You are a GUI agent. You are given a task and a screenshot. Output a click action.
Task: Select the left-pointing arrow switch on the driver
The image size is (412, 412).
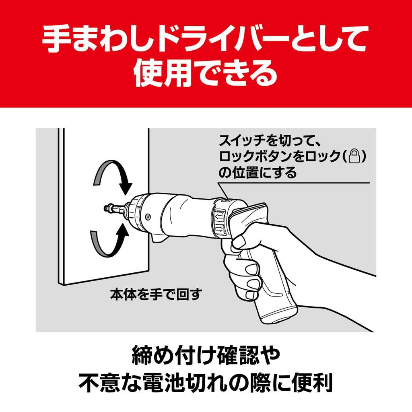click(x=220, y=216)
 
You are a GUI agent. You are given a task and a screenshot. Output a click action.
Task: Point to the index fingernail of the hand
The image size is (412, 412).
click(x=239, y=242)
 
